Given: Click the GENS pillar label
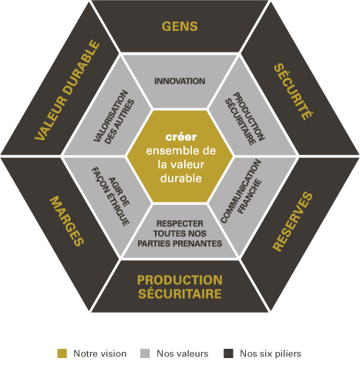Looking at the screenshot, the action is point(180,26).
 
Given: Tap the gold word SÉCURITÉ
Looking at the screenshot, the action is point(294,92).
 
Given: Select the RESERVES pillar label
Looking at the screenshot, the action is point(293,221).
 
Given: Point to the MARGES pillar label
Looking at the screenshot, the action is point(67,221).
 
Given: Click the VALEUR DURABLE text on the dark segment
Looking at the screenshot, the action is point(67,90).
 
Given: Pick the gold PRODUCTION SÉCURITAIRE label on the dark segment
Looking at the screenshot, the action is point(180,287).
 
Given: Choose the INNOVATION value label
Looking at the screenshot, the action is point(180,81).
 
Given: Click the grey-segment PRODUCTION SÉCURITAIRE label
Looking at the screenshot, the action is point(244,119).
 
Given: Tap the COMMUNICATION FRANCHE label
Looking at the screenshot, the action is point(241,191).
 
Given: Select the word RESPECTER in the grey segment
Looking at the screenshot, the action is point(180,223).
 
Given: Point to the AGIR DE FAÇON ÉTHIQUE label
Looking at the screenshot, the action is point(111,196).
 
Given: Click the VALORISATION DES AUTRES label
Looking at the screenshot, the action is point(114,117).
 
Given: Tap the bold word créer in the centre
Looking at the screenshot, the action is point(181,137).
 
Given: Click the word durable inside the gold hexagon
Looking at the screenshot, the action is point(181,178).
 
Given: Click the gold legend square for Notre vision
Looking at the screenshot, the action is point(62,353).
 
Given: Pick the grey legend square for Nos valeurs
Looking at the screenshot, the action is point(145,353).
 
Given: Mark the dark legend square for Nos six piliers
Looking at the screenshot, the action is point(228,353).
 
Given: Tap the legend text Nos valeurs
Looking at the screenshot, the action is point(183,353).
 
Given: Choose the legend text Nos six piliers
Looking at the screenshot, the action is point(271,353).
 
